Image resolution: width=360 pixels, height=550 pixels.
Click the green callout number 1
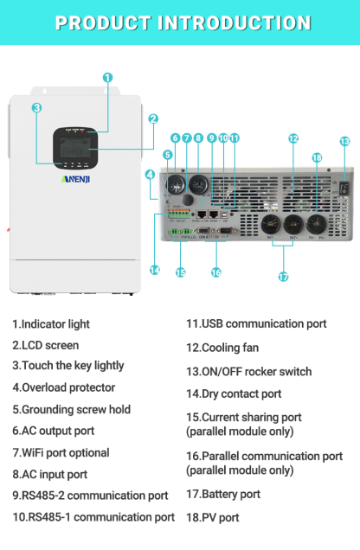[107, 77]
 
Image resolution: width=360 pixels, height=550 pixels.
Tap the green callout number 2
[153, 119]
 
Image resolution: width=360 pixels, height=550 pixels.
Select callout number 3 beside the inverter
[37, 108]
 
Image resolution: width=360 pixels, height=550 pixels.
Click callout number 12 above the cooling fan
[293, 138]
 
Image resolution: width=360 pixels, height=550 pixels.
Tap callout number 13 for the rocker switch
[344, 141]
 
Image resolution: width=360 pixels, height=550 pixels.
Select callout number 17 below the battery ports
[283, 277]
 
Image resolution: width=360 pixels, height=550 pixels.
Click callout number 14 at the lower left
[154, 270]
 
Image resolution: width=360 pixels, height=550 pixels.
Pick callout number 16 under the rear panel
[215, 272]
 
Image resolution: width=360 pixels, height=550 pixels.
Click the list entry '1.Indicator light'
[51, 324]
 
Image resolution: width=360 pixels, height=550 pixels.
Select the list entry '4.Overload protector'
[63, 388]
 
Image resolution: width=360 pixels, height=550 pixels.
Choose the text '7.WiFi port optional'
[61, 452]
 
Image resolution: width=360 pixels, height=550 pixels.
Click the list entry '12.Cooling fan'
[222, 348]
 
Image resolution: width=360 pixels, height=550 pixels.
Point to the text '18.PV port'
[213, 518]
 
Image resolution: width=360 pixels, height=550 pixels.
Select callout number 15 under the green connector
[181, 272]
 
